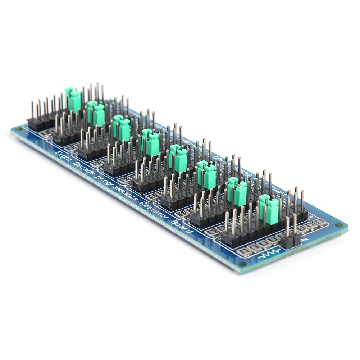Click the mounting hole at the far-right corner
pyautogui.click(x=339, y=225)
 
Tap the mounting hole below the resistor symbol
pyautogui.click(x=243, y=264)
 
